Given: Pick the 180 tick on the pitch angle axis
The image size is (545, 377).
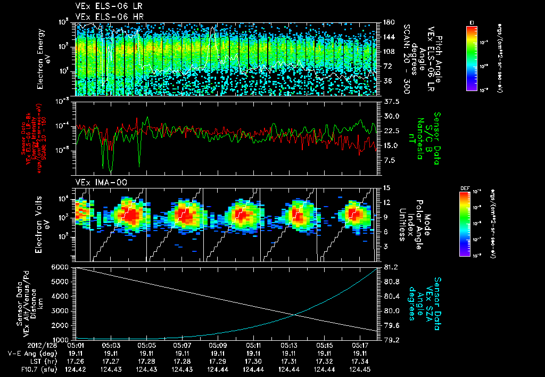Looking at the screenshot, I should point(388,22).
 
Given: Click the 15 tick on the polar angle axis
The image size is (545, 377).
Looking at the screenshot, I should point(387,187).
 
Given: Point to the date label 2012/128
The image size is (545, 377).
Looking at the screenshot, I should point(23,345).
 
